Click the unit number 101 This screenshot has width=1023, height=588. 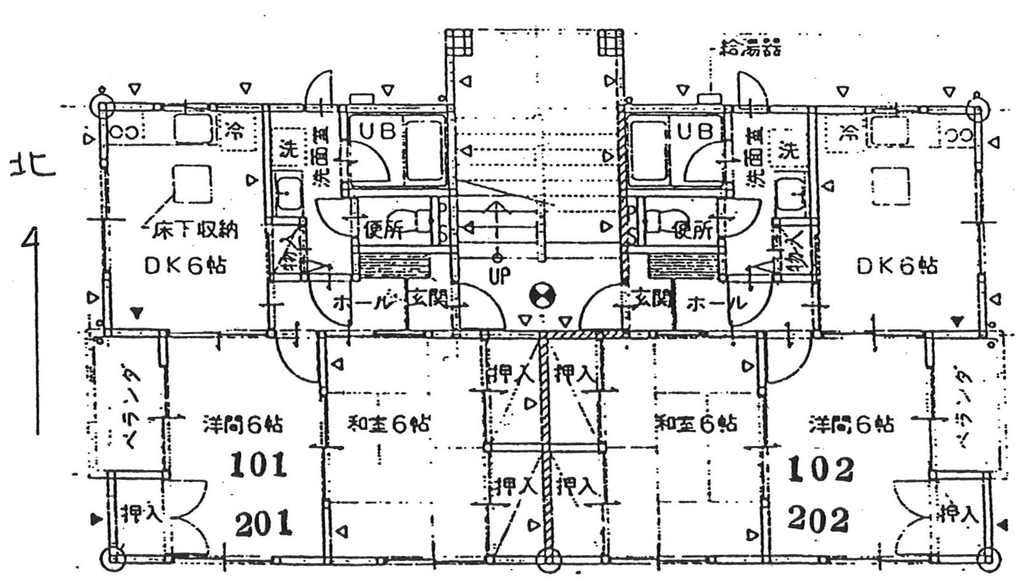tap(259, 465)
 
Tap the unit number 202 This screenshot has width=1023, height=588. tap(819, 519)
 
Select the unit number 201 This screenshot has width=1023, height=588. tap(263, 524)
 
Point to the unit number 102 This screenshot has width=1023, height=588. tap(820, 469)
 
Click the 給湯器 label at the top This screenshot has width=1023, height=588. tap(751, 48)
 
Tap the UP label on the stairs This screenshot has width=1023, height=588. tap(499, 276)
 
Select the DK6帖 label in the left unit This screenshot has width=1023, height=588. tap(185, 266)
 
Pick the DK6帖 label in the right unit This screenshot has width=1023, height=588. tap(897, 266)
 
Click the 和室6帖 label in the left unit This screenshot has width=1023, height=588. tap(389, 424)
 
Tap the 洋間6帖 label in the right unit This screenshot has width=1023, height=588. tap(851, 424)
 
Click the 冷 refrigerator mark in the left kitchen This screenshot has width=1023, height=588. tap(233, 130)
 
